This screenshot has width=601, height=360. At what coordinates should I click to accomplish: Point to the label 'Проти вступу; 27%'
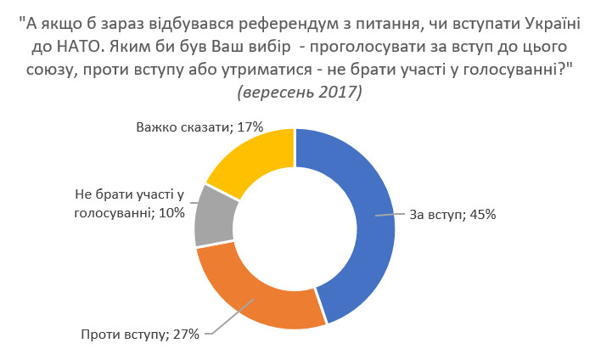tap(140, 334)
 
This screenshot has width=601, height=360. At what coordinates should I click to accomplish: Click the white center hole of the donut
tap(295, 228)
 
